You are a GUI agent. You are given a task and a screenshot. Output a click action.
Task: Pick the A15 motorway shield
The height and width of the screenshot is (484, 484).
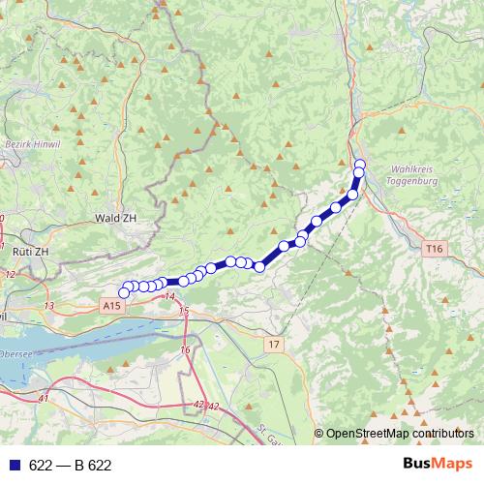click(113, 305)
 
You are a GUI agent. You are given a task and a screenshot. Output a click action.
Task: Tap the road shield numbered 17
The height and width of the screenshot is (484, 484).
click(275, 344)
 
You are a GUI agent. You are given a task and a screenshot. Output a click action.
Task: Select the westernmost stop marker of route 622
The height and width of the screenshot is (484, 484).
click(124, 292)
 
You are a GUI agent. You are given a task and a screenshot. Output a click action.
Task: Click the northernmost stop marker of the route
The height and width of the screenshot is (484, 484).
click(359, 164)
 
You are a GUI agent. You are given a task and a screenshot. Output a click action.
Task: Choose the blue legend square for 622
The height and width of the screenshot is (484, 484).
click(15, 466)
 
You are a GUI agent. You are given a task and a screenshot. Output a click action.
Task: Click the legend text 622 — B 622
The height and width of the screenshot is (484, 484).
click(70, 466)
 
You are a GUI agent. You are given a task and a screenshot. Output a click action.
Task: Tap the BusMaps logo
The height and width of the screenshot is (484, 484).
click(437, 465)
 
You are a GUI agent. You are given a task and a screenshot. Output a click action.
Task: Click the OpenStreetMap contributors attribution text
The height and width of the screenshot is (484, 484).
click(400, 434)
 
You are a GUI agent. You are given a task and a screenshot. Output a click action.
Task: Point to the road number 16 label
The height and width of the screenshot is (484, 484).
click(185, 348)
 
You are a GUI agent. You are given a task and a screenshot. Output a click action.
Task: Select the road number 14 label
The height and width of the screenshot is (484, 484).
click(170, 295)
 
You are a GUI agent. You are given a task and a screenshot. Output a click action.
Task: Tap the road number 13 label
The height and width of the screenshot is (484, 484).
click(49, 305)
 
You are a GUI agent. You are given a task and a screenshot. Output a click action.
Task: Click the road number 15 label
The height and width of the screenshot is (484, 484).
click(184, 311)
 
